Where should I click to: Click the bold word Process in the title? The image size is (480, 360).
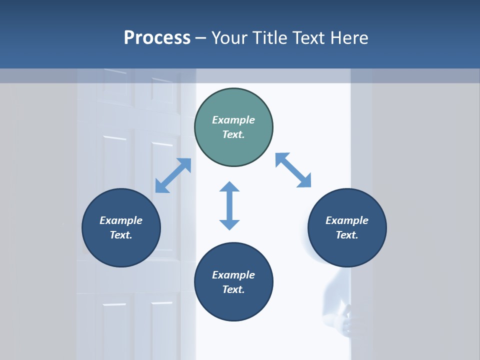point(157,38)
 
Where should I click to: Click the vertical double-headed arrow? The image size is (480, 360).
point(229,205)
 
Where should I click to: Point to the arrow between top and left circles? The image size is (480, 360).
point(173,175)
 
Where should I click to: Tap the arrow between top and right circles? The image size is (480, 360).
point(293,170)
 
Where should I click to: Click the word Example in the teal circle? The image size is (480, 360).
point(233,120)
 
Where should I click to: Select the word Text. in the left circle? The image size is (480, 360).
point(121,235)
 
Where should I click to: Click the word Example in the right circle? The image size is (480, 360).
point(347,220)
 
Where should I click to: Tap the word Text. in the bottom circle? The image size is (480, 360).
point(233,289)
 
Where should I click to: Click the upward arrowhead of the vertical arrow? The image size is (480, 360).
point(229,187)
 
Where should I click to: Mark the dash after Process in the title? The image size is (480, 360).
point(200,38)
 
